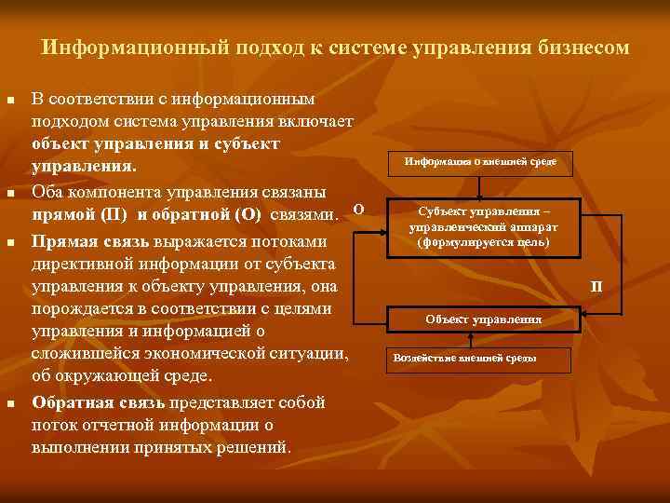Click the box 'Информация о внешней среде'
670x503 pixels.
[x=480, y=162]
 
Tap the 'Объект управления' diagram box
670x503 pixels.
[x=483, y=319]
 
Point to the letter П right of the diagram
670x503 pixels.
[x=596, y=285]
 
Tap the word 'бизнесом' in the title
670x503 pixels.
[x=585, y=47]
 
